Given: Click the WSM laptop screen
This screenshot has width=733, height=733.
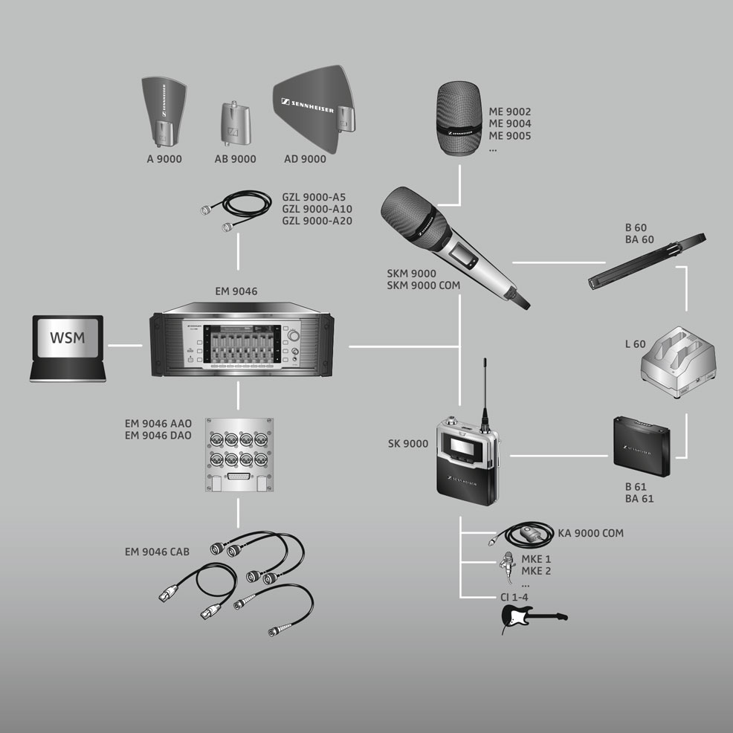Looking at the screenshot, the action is coord(68,338).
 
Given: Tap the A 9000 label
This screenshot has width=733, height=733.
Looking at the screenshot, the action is coord(164,159).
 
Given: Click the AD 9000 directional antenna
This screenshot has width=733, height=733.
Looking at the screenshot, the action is coord(314,109).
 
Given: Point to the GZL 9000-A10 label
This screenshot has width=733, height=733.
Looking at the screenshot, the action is coord(317,209).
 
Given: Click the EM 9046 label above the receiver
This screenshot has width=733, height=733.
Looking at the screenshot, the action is coord(236,291).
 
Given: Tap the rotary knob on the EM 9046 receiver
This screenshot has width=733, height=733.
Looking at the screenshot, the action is coord(294,335).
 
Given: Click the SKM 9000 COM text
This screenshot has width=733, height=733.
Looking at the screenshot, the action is coord(424,285).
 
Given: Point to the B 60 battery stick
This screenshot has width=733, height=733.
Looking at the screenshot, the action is coord(647,261).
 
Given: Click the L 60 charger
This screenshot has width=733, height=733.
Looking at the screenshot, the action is coord(678,361).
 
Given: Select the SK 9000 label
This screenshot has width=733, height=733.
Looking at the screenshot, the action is coord(408,444).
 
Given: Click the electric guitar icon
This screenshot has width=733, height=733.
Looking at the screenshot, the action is coord(534,617).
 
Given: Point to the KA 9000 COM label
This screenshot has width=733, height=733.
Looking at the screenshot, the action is coord(590,533).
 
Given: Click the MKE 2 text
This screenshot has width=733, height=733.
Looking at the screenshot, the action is coord(536,571).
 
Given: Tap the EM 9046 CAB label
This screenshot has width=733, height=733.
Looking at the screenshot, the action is coord(157,552).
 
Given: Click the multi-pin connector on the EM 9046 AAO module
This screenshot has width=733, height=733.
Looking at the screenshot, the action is coord(239,477).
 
